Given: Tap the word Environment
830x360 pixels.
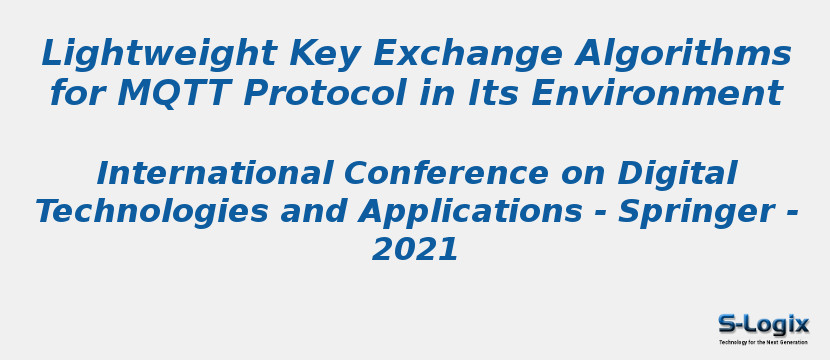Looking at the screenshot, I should (657, 94).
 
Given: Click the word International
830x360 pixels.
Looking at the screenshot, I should (214, 174).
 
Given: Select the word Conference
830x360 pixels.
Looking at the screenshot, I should (446, 174).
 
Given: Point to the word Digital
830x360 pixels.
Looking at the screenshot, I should (677, 174).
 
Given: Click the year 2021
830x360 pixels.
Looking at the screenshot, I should (415, 250).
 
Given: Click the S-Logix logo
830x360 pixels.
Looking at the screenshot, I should (763, 324).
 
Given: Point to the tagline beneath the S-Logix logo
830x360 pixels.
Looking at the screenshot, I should (763, 342).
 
